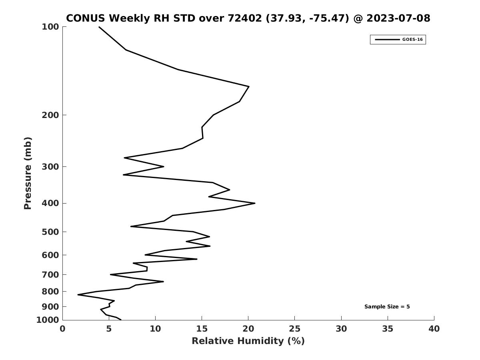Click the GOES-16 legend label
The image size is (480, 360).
coord(412,40)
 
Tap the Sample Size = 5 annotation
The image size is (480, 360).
coord(387,307)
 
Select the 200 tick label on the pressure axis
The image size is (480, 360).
coord(50,115)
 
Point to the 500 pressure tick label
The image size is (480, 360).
coord(50,232)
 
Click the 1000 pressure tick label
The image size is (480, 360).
coord(48,320)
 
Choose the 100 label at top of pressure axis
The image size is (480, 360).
coord(50,27)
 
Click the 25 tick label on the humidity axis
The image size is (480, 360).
coord(294,329)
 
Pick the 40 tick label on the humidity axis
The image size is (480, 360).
coord(434,329)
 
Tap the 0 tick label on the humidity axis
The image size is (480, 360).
coord(62,329)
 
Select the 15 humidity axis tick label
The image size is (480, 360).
coord(202,329)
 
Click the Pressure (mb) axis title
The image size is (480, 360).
coord(28,173)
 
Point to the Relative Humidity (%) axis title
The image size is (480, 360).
coord(248,341)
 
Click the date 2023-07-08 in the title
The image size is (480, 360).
coord(398,18)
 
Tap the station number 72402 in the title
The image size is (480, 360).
coord(245,18)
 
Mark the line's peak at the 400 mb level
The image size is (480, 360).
coord(255,203)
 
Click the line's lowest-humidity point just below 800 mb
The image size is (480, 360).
coord(78,295)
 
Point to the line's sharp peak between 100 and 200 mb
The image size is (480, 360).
coord(249,86)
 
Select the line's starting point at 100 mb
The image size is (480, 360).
coord(99,27)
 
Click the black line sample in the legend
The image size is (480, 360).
coord(387,40)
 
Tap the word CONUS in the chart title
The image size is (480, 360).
coord(86,18)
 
